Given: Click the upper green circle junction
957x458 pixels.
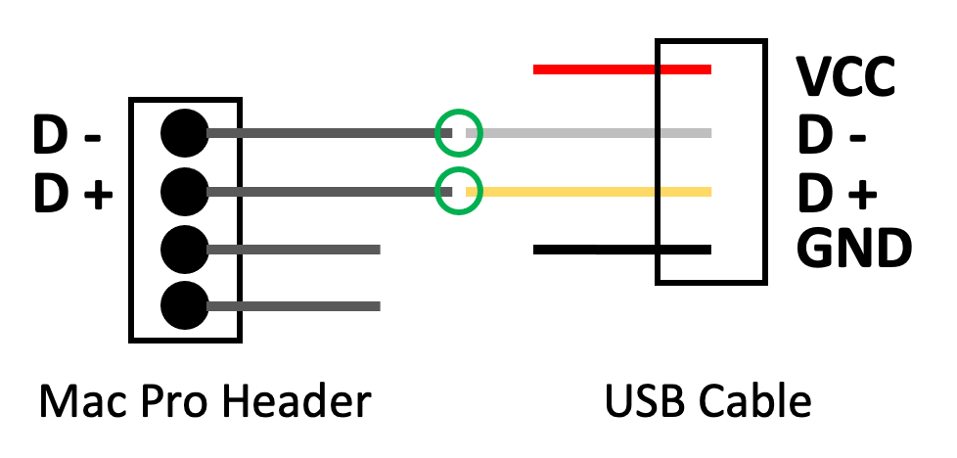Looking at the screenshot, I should point(458,132).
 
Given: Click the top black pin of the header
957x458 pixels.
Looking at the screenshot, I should point(184,132).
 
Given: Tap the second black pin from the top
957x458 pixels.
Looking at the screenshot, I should point(184,189).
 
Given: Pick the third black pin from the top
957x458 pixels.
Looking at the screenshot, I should point(184,248).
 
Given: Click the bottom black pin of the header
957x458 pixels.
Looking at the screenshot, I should point(184,305).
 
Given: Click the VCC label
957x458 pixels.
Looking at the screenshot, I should point(844,77).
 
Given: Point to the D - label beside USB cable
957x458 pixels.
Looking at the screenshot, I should point(831,135).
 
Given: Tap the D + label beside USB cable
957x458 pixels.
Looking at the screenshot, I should point(837,193).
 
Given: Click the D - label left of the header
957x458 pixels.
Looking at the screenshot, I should point(67,135).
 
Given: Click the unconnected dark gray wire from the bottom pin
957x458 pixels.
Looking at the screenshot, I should point(294,306).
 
